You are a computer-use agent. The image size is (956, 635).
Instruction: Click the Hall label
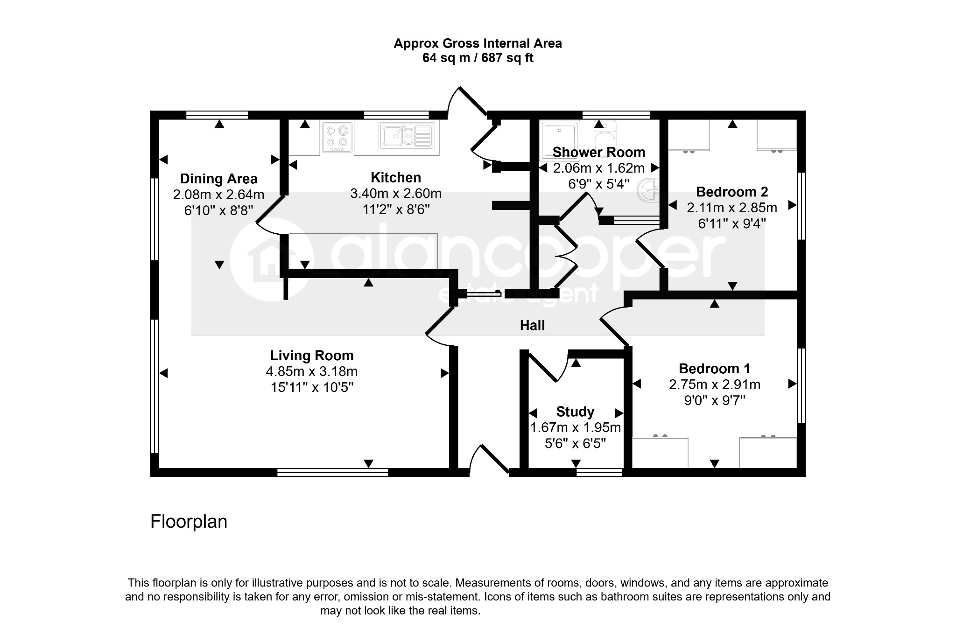pyautogui.click(x=532, y=326)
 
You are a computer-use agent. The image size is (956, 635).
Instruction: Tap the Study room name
pyautogui.click(x=575, y=412)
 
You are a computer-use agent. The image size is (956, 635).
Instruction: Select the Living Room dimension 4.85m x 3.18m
pyautogui.click(x=311, y=372)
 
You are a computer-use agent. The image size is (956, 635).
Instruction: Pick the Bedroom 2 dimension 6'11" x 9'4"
pyautogui.click(x=731, y=224)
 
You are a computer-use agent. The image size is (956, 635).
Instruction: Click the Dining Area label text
pyautogui.click(x=218, y=179)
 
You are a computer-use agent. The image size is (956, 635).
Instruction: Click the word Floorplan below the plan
pyautogui.click(x=189, y=522)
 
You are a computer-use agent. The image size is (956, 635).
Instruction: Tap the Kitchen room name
pyautogui.click(x=395, y=178)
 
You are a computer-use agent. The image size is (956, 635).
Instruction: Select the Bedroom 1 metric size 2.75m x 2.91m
pyautogui.click(x=714, y=385)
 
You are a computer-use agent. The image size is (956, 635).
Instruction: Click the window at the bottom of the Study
pyautogui.click(x=599, y=472)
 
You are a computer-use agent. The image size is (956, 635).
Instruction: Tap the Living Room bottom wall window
pyautogui.click(x=332, y=472)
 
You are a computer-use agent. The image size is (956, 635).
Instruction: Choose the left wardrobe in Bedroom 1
pyautogui.click(x=660, y=452)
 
